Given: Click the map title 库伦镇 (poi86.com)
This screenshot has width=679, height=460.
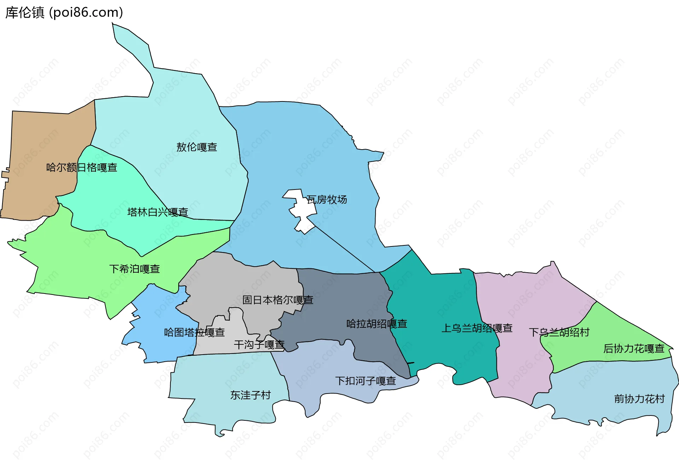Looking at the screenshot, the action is (64, 12).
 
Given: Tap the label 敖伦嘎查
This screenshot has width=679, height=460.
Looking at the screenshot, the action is (197, 147).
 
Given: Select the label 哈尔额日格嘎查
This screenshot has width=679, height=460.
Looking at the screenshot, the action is (81, 167).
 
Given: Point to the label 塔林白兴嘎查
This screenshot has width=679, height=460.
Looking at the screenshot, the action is (157, 212).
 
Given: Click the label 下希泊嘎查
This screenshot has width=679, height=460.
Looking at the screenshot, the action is (134, 269).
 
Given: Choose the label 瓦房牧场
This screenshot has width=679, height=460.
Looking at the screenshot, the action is (327, 200).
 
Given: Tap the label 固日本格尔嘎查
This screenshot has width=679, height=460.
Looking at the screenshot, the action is (278, 300).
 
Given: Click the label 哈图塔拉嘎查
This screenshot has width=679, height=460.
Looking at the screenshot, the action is (194, 332).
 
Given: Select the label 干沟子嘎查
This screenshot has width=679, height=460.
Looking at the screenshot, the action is (259, 345).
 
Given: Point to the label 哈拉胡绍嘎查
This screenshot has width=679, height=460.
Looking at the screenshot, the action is (377, 324).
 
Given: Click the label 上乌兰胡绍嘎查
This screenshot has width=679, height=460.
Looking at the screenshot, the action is (477, 328).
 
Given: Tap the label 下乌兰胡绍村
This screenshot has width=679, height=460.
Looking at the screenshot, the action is (559, 332).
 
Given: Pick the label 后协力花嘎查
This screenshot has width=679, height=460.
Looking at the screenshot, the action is (634, 349).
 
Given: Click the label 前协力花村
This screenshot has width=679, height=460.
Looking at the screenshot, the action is (639, 399).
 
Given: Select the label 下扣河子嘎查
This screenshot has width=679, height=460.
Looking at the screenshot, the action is (365, 381).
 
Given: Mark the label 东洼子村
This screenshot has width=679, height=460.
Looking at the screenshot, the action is (250, 395).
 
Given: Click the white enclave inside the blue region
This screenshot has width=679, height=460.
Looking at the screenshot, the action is (301, 209).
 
